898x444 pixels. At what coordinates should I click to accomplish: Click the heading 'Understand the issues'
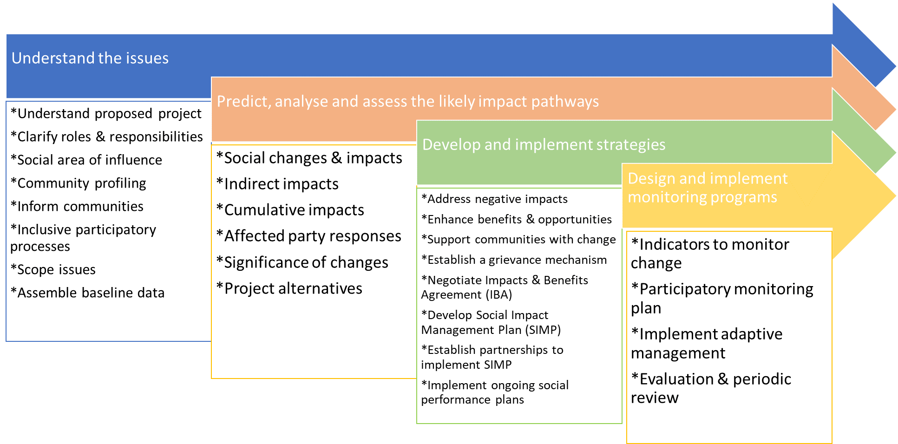[90, 58]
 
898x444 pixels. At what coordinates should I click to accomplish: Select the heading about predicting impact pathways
[407, 101]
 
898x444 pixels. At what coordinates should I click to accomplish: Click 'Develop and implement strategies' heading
[544, 144]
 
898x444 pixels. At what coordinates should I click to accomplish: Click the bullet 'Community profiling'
[78, 183]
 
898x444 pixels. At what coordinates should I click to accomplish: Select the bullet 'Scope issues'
[53, 269]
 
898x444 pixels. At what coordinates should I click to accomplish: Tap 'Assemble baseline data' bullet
[87, 293]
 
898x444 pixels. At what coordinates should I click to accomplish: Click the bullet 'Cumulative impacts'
[290, 210]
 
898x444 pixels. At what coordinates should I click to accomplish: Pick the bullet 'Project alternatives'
[289, 288]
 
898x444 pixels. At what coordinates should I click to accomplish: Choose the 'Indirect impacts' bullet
[277, 184]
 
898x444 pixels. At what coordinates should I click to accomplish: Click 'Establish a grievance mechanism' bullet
[514, 260]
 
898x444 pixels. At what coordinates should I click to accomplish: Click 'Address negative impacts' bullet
[494, 199]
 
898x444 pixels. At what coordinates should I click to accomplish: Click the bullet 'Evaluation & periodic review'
[711, 388]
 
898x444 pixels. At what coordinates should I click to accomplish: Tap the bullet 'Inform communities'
[77, 206]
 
